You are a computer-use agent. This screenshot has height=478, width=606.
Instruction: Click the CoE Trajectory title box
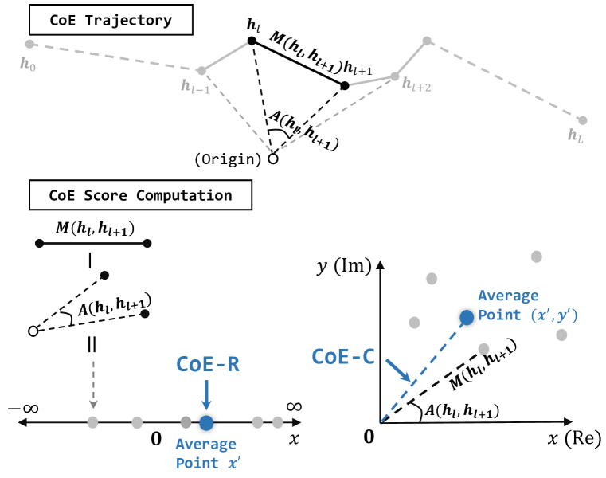coord(111,20)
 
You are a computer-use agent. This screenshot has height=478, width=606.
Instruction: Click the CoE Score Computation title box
coord(140,195)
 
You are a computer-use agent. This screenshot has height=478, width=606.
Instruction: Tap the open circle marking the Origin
coord(273,159)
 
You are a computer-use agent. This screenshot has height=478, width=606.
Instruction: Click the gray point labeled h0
coord(29,45)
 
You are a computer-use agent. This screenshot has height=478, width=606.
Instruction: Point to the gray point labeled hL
coord(583,120)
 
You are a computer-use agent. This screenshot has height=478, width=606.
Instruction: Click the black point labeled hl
coord(252,41)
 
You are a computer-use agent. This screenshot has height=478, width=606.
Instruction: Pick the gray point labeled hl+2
coord(393,77)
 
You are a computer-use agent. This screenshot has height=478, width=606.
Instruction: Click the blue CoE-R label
coord(206,364)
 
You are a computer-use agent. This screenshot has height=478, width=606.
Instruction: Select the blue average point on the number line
coord(206,422)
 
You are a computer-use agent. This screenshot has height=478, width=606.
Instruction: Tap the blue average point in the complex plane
coord(467,317)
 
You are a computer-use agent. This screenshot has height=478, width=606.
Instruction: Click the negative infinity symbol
coord(25,409)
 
